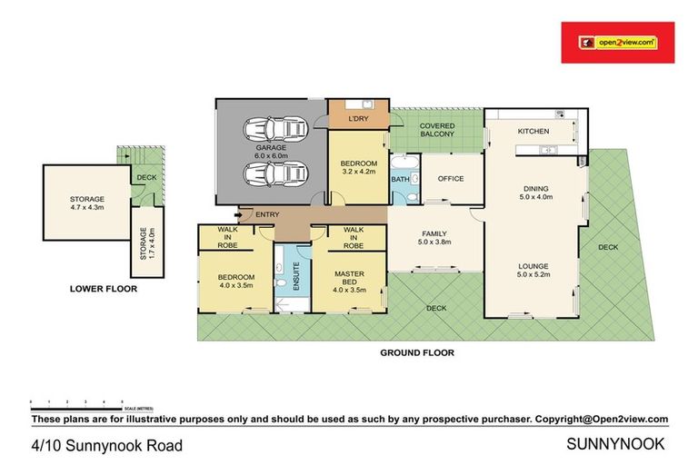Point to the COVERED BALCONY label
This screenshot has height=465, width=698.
click(437, 129)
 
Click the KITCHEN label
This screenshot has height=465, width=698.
click(533, 133)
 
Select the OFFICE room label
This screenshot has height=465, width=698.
click(451, 179)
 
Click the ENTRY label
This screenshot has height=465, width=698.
click(268, 214)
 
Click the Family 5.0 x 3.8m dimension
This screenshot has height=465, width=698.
click(434, 242)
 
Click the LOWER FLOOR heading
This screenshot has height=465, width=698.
click(104, 290)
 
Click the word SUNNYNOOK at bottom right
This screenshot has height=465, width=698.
click(616, 444)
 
